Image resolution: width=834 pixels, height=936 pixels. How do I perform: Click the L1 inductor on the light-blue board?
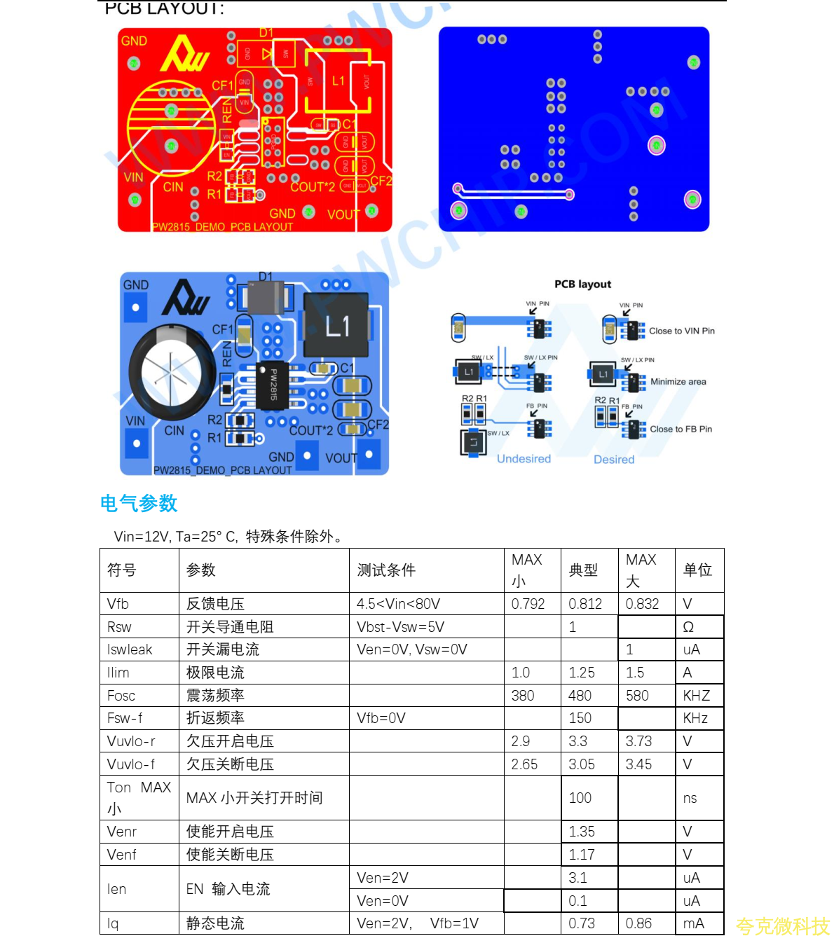pos(336,325)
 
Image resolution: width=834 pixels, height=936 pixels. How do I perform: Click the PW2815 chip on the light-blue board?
pos(273,385)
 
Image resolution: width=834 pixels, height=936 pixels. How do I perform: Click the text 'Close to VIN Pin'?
pos(681,331)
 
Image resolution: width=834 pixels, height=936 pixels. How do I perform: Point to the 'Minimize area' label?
pos(678,382)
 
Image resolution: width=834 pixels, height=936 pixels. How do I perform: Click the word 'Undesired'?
pos(524,459)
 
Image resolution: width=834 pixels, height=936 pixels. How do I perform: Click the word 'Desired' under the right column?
pos(614,460)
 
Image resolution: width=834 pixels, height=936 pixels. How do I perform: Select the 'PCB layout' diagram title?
pos(582,284)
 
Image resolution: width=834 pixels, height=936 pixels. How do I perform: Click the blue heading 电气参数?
pos(139,503)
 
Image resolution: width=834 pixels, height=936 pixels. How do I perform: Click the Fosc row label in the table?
pos(121,696)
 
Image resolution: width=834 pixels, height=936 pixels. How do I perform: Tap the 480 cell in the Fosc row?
pos(580,696)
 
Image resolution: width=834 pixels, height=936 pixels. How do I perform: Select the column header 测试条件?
pos(386,570)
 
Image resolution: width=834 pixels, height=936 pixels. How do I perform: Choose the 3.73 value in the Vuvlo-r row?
pos(638,741)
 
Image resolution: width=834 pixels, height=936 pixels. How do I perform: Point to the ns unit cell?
pos(690,798)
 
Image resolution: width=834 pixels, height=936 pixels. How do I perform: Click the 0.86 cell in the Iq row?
pos(638,923)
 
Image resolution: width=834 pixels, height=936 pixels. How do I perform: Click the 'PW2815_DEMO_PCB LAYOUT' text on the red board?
pos(222,227)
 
